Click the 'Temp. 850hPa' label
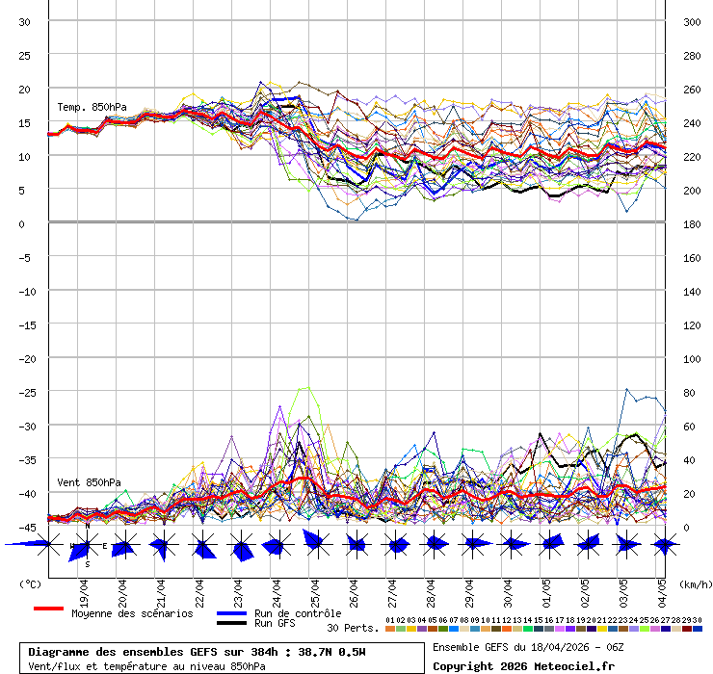[x=92, y=107]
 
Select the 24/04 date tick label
[x=277, y=588]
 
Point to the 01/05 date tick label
[x=546, y=588]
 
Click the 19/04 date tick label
[x=85, y=588]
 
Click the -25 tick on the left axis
[x=26, y=392]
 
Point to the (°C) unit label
[x=30, y=583]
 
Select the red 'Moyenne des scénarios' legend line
[x=48, y=609]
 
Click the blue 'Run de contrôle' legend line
[x=231, y=613]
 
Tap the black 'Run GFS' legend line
[x=231, y=623]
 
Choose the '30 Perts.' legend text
[x=352, y=628]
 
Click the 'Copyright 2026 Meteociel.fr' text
[x=523, y=666]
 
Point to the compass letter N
[x=87, y=527]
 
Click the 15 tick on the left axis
[x=26, y=122]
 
